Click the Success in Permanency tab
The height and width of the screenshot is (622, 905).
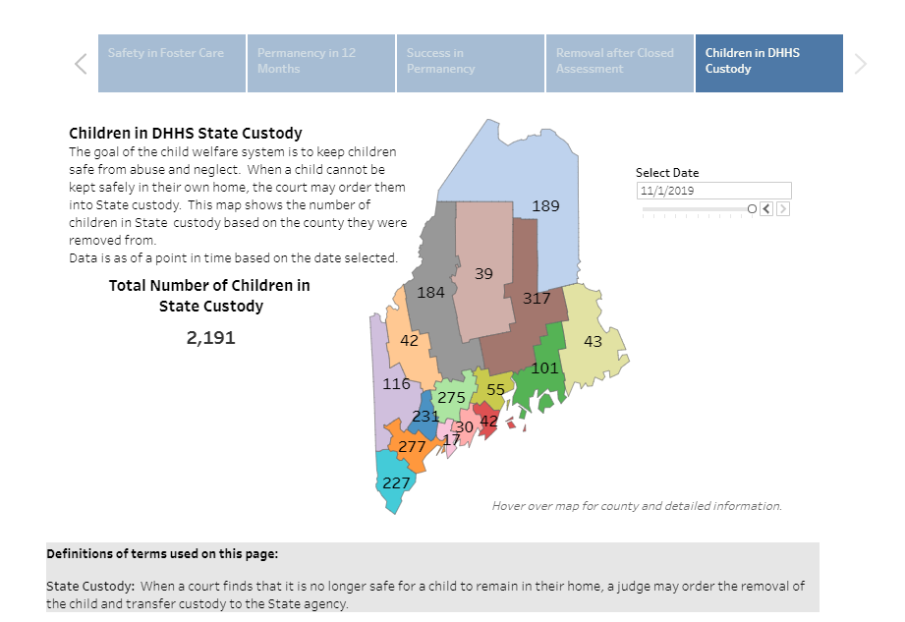[x=470, y=63]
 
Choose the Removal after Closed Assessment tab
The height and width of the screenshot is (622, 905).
[x=619, y=63]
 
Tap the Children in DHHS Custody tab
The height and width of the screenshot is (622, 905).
[x=768, y=63]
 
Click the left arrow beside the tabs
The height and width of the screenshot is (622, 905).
[x=81, y=64]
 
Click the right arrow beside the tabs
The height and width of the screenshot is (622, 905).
[x=861, y=64]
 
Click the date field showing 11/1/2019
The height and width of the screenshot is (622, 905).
[x=712, y=191]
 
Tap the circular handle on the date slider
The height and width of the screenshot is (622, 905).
[x=752, y=208]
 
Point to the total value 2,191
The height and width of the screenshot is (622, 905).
[x=210, y=338]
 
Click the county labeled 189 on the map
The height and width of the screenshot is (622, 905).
[x=545, y=205]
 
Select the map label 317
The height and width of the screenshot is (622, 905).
[x=537, y=298]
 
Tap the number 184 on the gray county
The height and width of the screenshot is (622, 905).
[x=430, y=292]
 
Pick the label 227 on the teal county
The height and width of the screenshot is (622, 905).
[x=396, y=482]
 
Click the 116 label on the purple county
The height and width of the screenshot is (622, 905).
[x=396, y=383]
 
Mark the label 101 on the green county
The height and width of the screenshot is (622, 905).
[x=544, y=368]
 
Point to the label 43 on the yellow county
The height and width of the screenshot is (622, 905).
[x=593, y=341]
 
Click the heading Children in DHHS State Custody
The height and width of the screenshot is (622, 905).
[x=186, y=133]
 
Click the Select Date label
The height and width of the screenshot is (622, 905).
[x=667, y=173]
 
